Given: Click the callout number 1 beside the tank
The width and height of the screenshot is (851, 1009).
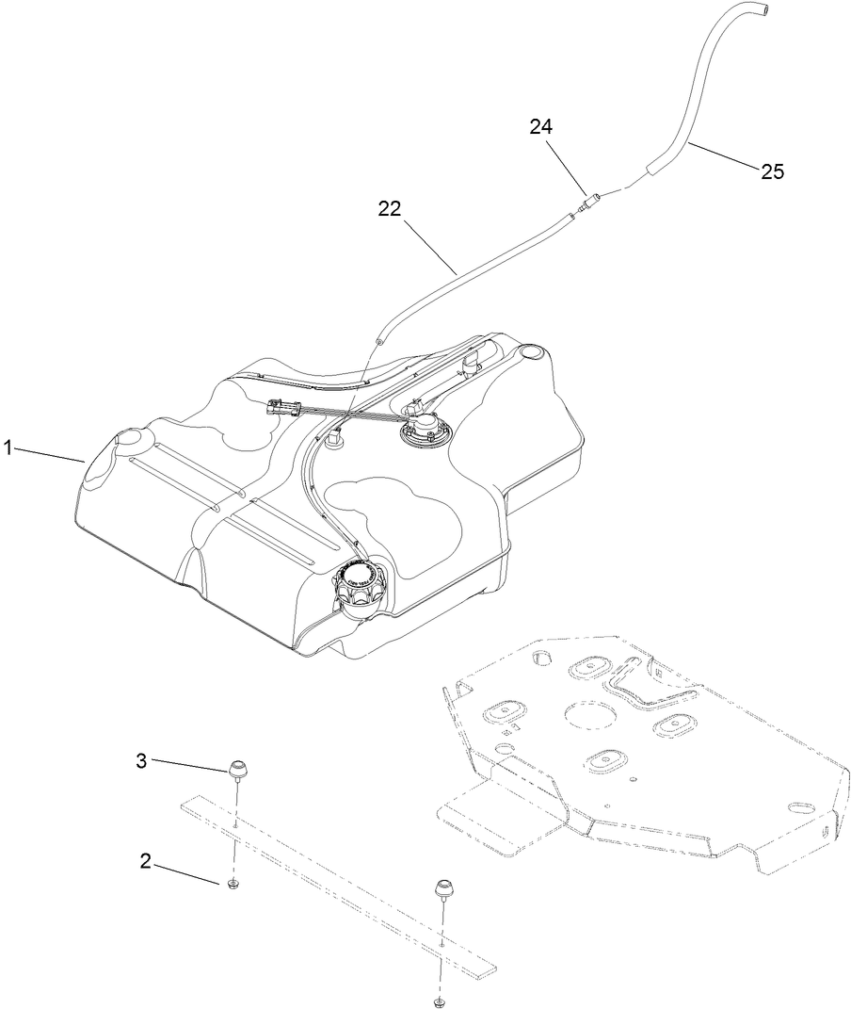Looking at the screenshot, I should tap(8, 448).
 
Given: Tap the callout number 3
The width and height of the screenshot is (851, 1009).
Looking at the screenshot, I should tap(141, 760).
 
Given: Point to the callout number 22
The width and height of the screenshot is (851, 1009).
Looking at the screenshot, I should tap(391, 209).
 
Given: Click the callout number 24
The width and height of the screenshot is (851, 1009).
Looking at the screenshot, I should tap(540, 126).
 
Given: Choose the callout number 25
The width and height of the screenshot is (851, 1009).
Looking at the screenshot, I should tap(772, 171).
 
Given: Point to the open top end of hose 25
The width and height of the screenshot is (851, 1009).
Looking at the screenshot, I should tap(761, 9).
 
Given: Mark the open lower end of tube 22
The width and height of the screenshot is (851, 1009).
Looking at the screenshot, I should tap(380, 336).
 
